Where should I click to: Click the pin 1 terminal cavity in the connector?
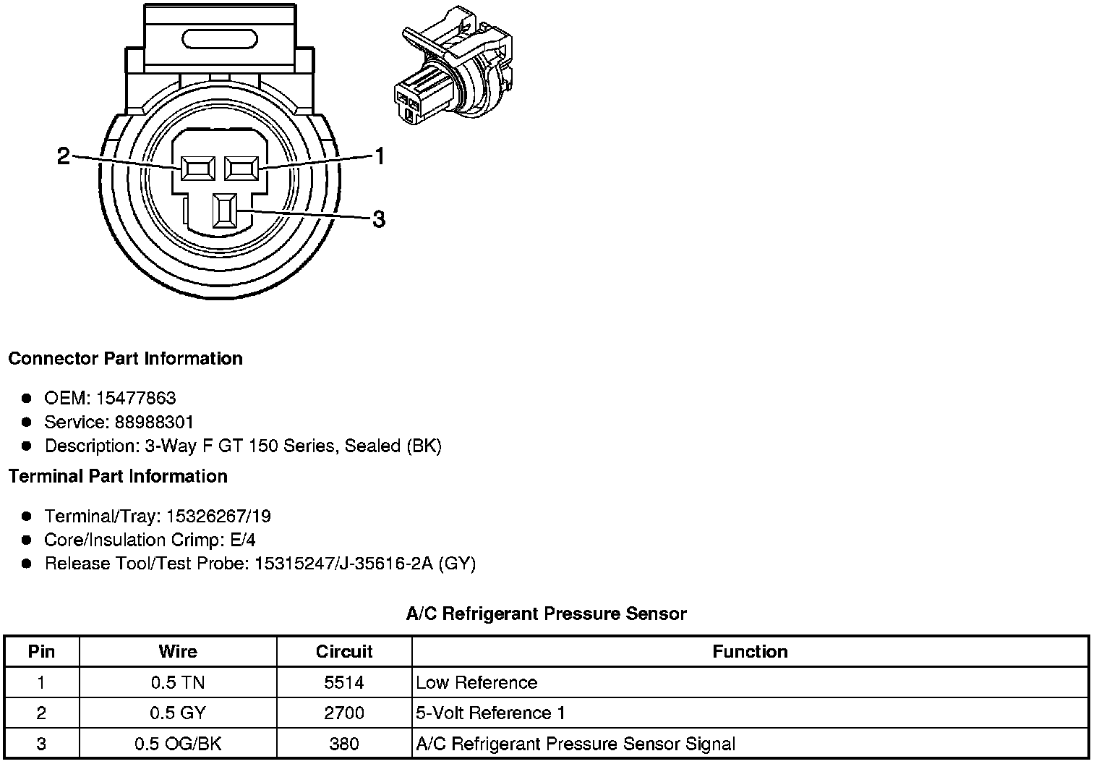(x=241, y=169)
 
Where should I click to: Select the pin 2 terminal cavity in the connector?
(x=197, y=169)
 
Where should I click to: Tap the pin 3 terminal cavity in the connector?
(x=225, y=211)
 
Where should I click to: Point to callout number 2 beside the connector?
(x=64, y=156)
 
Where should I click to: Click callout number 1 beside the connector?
(x=380, y=156)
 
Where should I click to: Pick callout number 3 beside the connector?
(x=379, y=219)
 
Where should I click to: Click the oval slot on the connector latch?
(x=220, y=39)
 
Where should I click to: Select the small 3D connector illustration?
(x=453, y=65)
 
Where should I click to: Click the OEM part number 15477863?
(x=136, y=398)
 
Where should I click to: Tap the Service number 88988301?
(x=154, y=422)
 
